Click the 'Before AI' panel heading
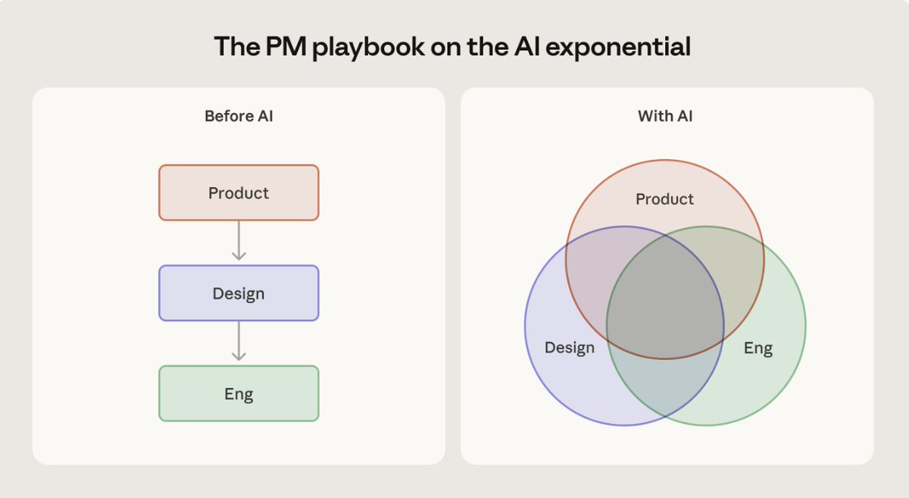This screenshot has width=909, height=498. click(239, 117)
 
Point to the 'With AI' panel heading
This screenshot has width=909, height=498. click(665, 117)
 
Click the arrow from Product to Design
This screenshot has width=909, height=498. click(239, 242)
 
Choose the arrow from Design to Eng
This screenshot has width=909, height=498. click(239, 342)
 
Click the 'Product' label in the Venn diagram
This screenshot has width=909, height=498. click(664, 199)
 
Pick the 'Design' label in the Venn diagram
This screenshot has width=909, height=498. click(570, 348)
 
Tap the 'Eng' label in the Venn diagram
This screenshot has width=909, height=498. click(757, 348)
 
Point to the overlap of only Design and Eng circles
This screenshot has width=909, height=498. click(665, 387)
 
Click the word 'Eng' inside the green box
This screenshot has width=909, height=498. click(239, 393)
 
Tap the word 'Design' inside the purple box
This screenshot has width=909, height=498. click(239, 293)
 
